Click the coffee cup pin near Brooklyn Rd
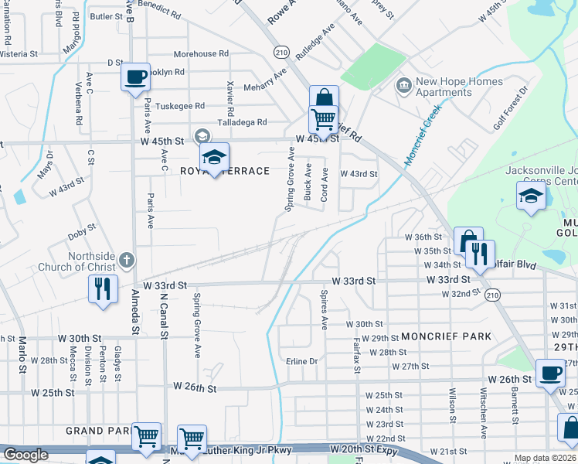click(135, 77)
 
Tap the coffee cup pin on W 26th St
click(549, 373)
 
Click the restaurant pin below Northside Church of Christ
click(102, 288)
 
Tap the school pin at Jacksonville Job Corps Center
click(531, 196)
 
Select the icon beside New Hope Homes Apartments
click(403, 84)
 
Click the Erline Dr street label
click(302, 361)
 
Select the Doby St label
click(80, 227)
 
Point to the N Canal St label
click(163, 314)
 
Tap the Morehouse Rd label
click(201, 54)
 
